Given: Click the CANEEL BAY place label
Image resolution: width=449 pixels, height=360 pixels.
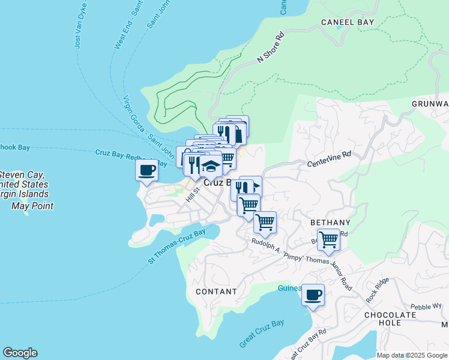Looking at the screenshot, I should (x=348, y=22).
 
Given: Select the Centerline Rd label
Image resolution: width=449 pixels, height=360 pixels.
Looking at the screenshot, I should (x=328, y=159).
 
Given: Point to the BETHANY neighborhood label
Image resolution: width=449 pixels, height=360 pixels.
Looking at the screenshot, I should (x=330, y=223).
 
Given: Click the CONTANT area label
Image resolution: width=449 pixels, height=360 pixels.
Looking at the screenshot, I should (x=216, y=292).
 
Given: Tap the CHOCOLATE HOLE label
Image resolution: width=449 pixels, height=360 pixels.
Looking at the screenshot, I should (x=390, y=319).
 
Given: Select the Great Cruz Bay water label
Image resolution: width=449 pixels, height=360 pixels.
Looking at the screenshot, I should (x=261, y=334).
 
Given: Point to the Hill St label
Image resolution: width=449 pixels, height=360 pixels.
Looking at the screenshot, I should (x=191, y=194).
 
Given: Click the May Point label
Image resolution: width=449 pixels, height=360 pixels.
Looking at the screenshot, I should (x=32, y=206).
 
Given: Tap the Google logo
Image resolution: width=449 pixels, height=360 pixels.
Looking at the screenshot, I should (x=20, y=353).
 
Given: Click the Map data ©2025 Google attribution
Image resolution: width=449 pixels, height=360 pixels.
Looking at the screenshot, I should (x=412, y=355).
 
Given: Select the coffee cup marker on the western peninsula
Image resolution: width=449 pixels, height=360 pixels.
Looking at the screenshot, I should (x=147, y=169).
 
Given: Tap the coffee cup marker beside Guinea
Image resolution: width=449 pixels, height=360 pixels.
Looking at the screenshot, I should (x=313, y=295).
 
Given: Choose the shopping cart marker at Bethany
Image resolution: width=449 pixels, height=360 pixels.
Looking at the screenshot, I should (x=328, y=239).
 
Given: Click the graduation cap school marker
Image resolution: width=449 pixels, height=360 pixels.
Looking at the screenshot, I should (x=211, y=165).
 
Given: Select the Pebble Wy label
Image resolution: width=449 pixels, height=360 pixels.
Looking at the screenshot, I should (x=426, y=306).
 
